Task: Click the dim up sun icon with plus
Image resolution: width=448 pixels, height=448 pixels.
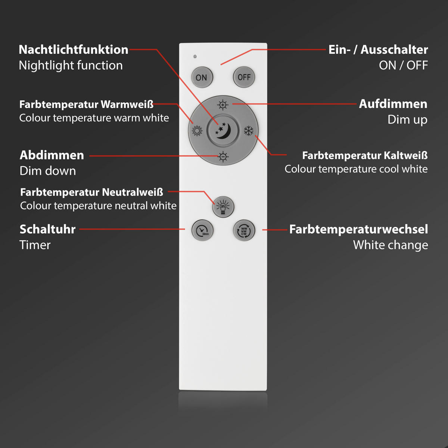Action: click(x=223, y=105)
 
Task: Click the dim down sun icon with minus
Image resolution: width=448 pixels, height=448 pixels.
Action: click(x=223, y=157)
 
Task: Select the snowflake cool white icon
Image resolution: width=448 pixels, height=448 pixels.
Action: click(x=249, y=131)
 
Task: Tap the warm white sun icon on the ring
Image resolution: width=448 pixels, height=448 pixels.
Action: click(x=197, y=131)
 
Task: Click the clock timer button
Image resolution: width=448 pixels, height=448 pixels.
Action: click(x=202, y=230)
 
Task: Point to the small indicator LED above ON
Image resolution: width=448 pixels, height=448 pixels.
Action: click(x=195, y=56)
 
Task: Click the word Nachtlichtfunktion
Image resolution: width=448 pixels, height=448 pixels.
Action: click(x=74, y=50)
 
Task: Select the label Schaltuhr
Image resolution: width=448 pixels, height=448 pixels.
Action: click(x=47, y=229)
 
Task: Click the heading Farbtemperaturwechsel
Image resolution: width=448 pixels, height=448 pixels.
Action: click(x=358, y=229)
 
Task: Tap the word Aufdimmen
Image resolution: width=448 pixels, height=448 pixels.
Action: click(x=393, y=104)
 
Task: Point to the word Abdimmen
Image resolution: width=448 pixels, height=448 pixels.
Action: click(x=52, y=155)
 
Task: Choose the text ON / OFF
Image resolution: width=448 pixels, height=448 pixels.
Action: click(x=403, y=65)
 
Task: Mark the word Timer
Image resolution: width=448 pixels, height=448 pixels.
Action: click(x=35, y=245)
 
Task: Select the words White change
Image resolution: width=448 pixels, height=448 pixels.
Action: click(x=391, y=245)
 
